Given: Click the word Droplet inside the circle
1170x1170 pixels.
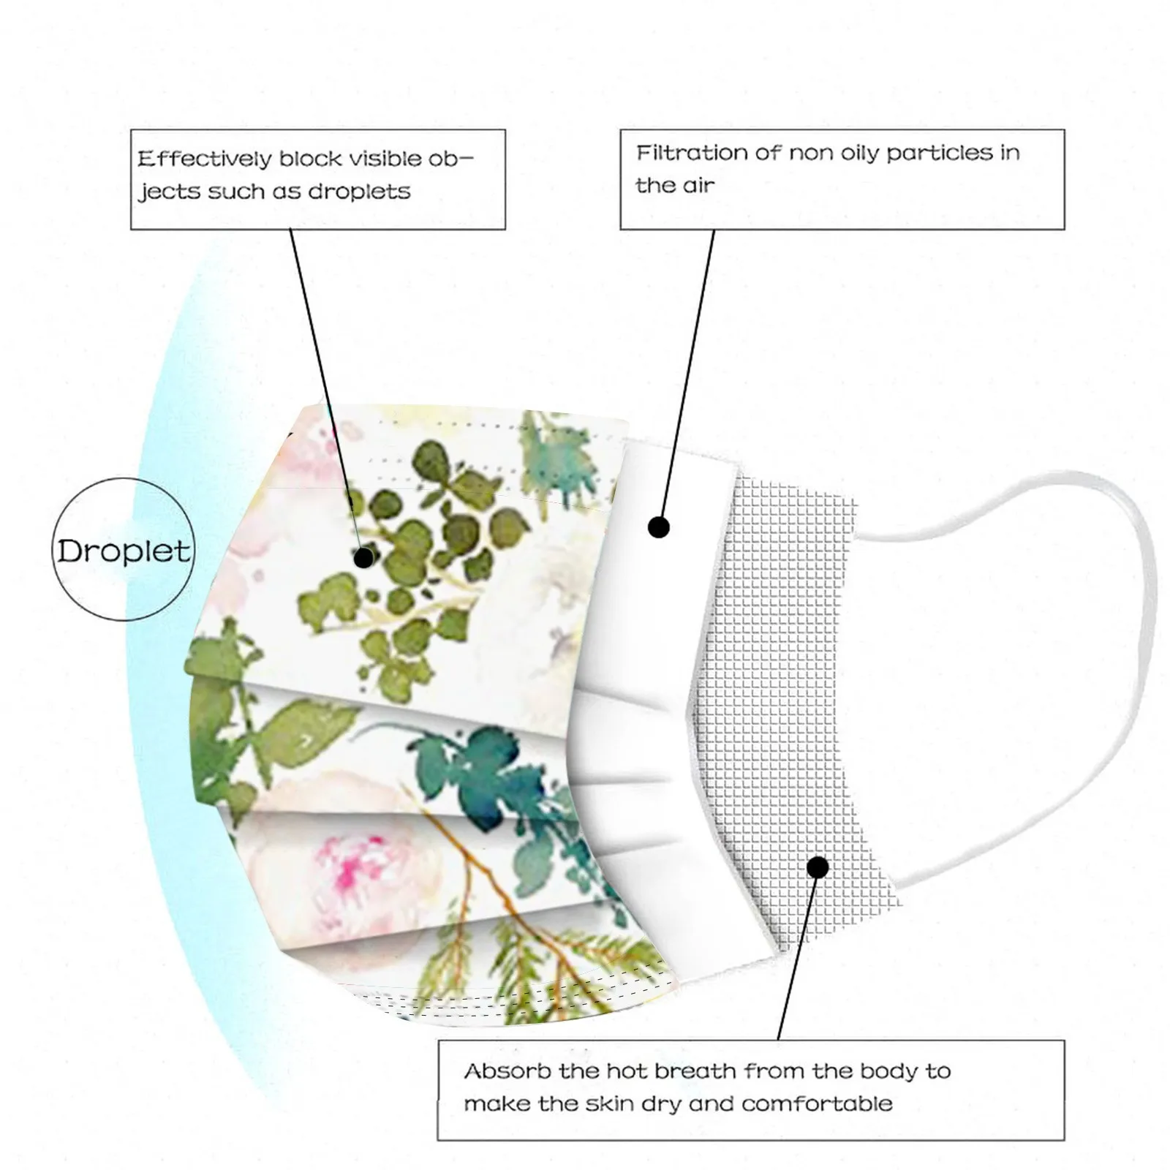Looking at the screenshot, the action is pos(124,551).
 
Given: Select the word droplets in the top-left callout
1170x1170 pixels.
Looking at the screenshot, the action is pos(359,192).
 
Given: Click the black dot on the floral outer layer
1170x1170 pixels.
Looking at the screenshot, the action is pos(363,558).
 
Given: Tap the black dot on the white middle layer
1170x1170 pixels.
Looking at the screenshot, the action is pos(659,526).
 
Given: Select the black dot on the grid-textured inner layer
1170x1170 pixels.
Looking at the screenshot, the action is pos(818,867).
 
